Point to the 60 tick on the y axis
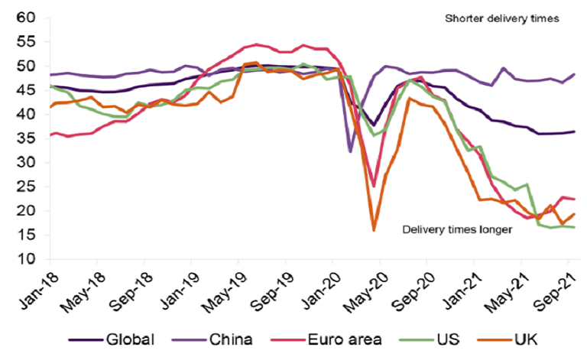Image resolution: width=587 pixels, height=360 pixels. [x=27, y=18]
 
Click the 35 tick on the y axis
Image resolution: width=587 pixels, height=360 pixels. [x=27, y=163]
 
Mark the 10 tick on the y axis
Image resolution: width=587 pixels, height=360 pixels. [x=27, y=259]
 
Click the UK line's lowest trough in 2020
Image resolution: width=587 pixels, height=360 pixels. [x=374, y=230]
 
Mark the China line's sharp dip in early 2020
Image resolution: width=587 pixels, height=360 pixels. [x=351, y=151]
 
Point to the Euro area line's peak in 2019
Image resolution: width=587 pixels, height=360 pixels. [x=256, y=44]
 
